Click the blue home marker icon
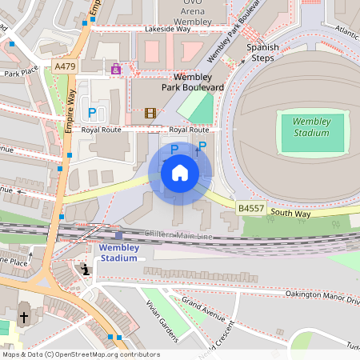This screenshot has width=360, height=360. (180, 173)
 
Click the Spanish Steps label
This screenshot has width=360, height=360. (262, 53)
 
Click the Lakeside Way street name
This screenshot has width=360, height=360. (168, 29)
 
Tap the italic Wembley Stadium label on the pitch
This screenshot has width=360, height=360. (311, 126)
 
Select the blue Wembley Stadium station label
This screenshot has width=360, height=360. (118, 253)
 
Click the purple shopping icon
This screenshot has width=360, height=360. (117, 70)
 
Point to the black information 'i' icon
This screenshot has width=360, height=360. (86, 270)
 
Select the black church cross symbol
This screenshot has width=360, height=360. (23, 318)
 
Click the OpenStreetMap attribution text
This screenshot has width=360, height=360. (80, 354)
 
